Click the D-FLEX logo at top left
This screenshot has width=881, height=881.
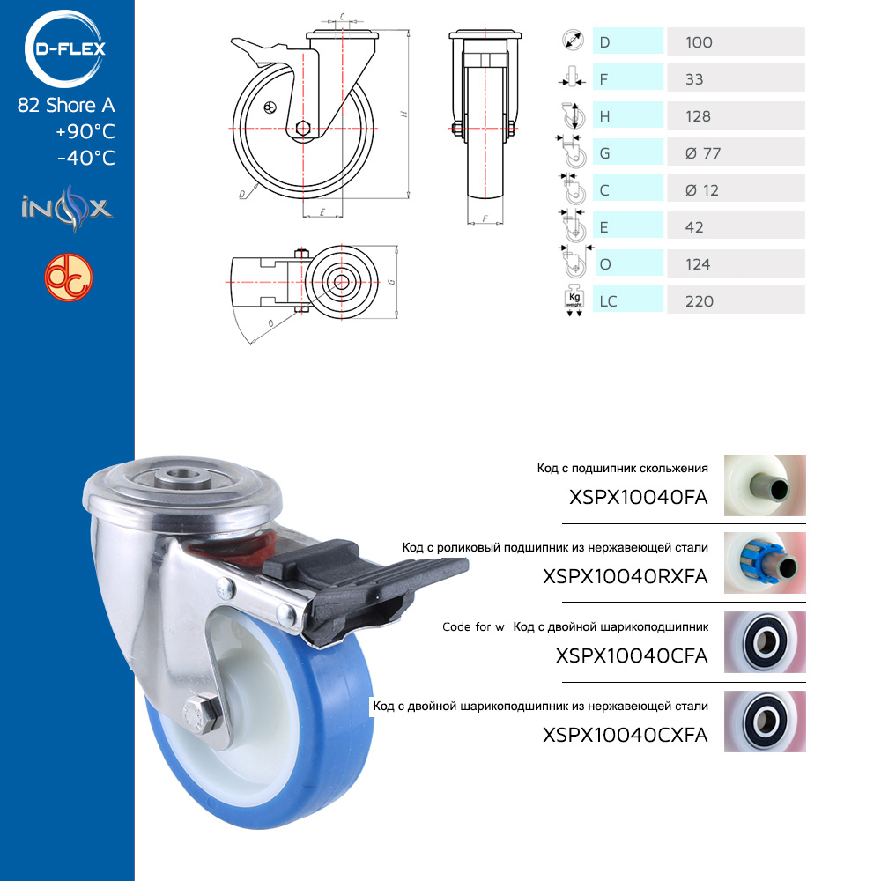(65, 48)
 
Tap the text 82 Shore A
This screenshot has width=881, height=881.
(66, 105)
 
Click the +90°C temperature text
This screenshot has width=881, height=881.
(85, 131)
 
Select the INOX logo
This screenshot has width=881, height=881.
(67, 209)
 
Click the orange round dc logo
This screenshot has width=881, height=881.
(69, 278)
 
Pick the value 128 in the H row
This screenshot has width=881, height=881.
(698, 116)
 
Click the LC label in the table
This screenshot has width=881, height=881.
(608, 301)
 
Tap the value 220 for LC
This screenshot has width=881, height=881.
(699, 301)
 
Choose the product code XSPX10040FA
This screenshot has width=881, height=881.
(638, 497)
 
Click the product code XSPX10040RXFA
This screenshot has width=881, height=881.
(625, 576)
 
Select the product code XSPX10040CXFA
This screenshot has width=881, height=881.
(625, 735)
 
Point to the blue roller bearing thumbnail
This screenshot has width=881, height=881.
(765, 563)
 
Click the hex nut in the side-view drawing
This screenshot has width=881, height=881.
(303, 128)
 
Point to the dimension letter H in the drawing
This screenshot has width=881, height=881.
(403, 114)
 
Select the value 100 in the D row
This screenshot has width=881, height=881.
(699, 42)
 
